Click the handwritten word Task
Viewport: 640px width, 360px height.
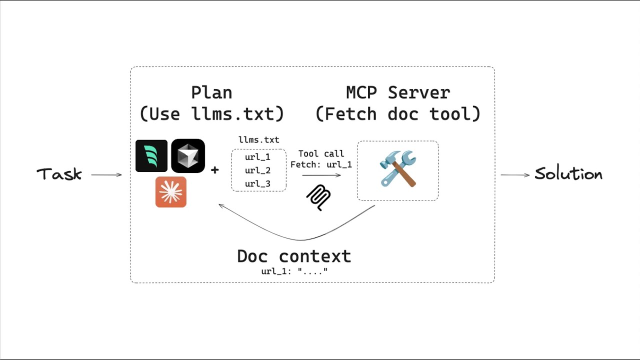(59, 174)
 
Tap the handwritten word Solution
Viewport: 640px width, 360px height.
(568, 174)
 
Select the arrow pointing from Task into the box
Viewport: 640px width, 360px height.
(106, 175)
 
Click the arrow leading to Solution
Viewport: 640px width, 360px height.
(515, 175)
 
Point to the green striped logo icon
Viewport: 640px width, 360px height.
(151, 156)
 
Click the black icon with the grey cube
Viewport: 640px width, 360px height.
(188, 156)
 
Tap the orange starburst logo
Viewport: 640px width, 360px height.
(171, 192)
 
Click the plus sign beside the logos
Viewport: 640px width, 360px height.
(215, 170)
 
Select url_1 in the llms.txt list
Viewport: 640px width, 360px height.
(257, 157)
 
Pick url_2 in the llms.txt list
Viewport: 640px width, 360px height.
(257, 170)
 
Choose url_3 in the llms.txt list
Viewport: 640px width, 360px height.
(257, 184)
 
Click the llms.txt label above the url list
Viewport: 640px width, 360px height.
(258, 140)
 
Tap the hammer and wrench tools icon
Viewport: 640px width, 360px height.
(398, 169)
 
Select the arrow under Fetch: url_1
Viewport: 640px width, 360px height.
(321, 175)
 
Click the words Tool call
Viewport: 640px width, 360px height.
(321, 153)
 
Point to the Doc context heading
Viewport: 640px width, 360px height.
(294, 256)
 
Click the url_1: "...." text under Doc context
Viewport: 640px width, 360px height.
(294, 271)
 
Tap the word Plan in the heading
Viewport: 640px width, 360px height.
(211, 92)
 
